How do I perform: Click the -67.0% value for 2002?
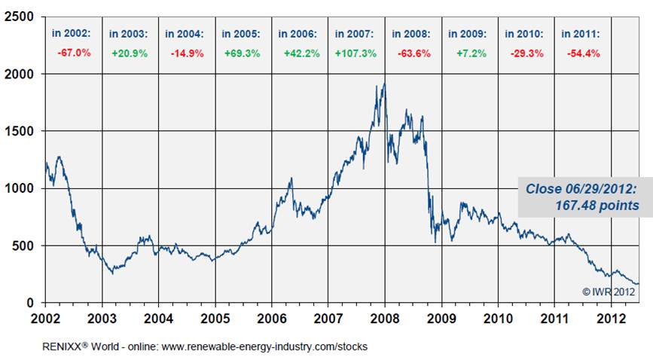[72, 53]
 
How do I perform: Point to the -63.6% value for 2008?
[411, 53]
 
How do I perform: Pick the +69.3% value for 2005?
[241, 53]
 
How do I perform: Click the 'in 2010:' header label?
[524, 34]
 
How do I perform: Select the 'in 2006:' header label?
[298, 34]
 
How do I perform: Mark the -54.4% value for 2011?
[581, 53]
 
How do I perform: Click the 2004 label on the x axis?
[158, 317]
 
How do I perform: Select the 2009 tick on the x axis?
[441, 317]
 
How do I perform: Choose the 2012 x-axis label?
[610, 317]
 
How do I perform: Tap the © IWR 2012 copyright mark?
[608, 291]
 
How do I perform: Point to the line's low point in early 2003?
[113, 273]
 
